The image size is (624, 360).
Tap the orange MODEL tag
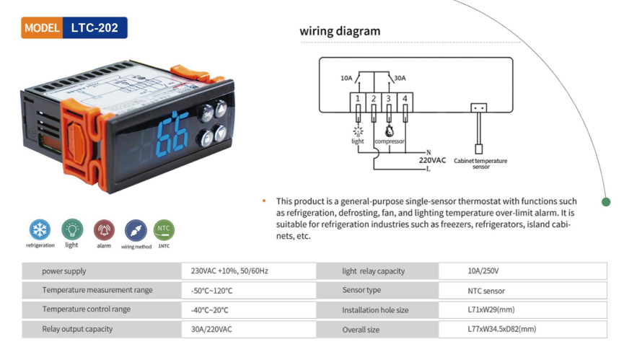tap(42, 28)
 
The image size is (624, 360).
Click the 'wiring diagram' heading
tap(340, 31)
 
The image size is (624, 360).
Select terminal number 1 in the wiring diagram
tap(357, 98)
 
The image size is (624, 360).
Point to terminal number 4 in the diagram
tap(405, 98)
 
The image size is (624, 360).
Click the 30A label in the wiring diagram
tap(400, 77)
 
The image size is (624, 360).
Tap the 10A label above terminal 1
tap(346, 77)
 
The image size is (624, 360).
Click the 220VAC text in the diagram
tap(432, 160)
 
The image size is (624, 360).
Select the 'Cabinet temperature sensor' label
tap(480, 164)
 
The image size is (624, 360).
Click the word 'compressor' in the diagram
tap(390, 141)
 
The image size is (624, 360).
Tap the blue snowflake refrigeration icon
tap(40, 230)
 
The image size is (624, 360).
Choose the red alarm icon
tap(104, 230)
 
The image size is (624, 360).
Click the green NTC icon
tap(164, 230)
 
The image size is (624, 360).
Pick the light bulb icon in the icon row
tap(72, 229)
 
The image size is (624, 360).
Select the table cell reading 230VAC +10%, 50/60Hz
tap(229, 271)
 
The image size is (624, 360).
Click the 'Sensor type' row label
tap(361, 291)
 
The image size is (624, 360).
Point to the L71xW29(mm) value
tap(491, 310)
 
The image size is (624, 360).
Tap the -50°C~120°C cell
tap(212, 291)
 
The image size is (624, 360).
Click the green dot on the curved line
tap(606, 201)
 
